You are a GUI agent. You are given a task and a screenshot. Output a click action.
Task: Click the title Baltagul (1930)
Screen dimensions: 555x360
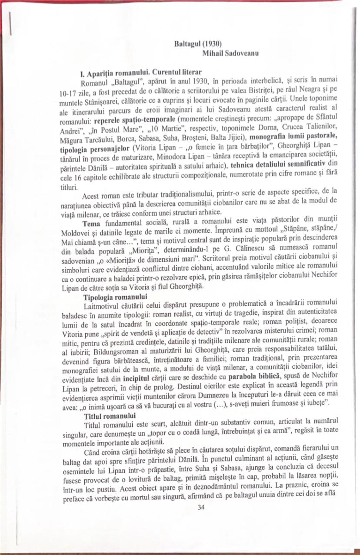pyautogui.click(x=198, y=45)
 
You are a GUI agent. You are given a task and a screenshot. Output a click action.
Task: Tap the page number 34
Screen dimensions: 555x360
pyautogui.click(x=200, y=507)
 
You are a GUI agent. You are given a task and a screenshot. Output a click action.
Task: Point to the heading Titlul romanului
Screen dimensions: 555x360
pyautogui.click(x=104, y=416)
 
